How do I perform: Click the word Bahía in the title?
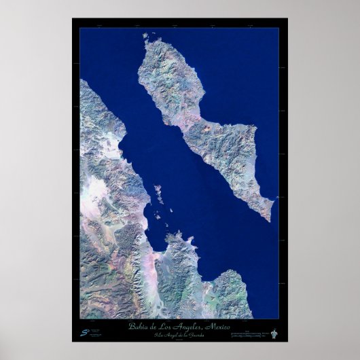[139, 327]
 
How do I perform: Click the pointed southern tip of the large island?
[270, 219]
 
